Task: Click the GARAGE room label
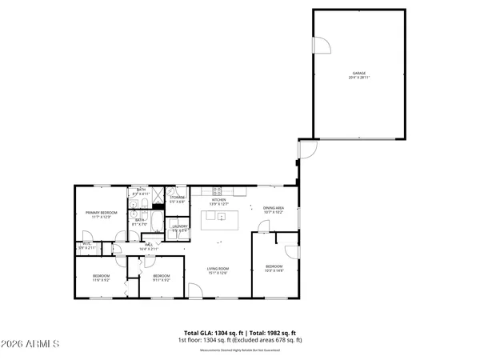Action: (358, 73)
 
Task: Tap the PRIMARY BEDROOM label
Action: (102, 212)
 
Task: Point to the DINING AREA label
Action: (274, 209)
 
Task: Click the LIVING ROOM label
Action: (218, 268)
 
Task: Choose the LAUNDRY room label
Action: (180, 227)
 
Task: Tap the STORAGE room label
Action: (177, 198)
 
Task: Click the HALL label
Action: (149, 246)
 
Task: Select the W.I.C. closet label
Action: (87, 246)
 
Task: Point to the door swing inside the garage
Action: (322, 45)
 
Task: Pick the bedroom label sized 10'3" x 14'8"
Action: (274, 266)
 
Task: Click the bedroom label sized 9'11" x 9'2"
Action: (161, 277)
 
